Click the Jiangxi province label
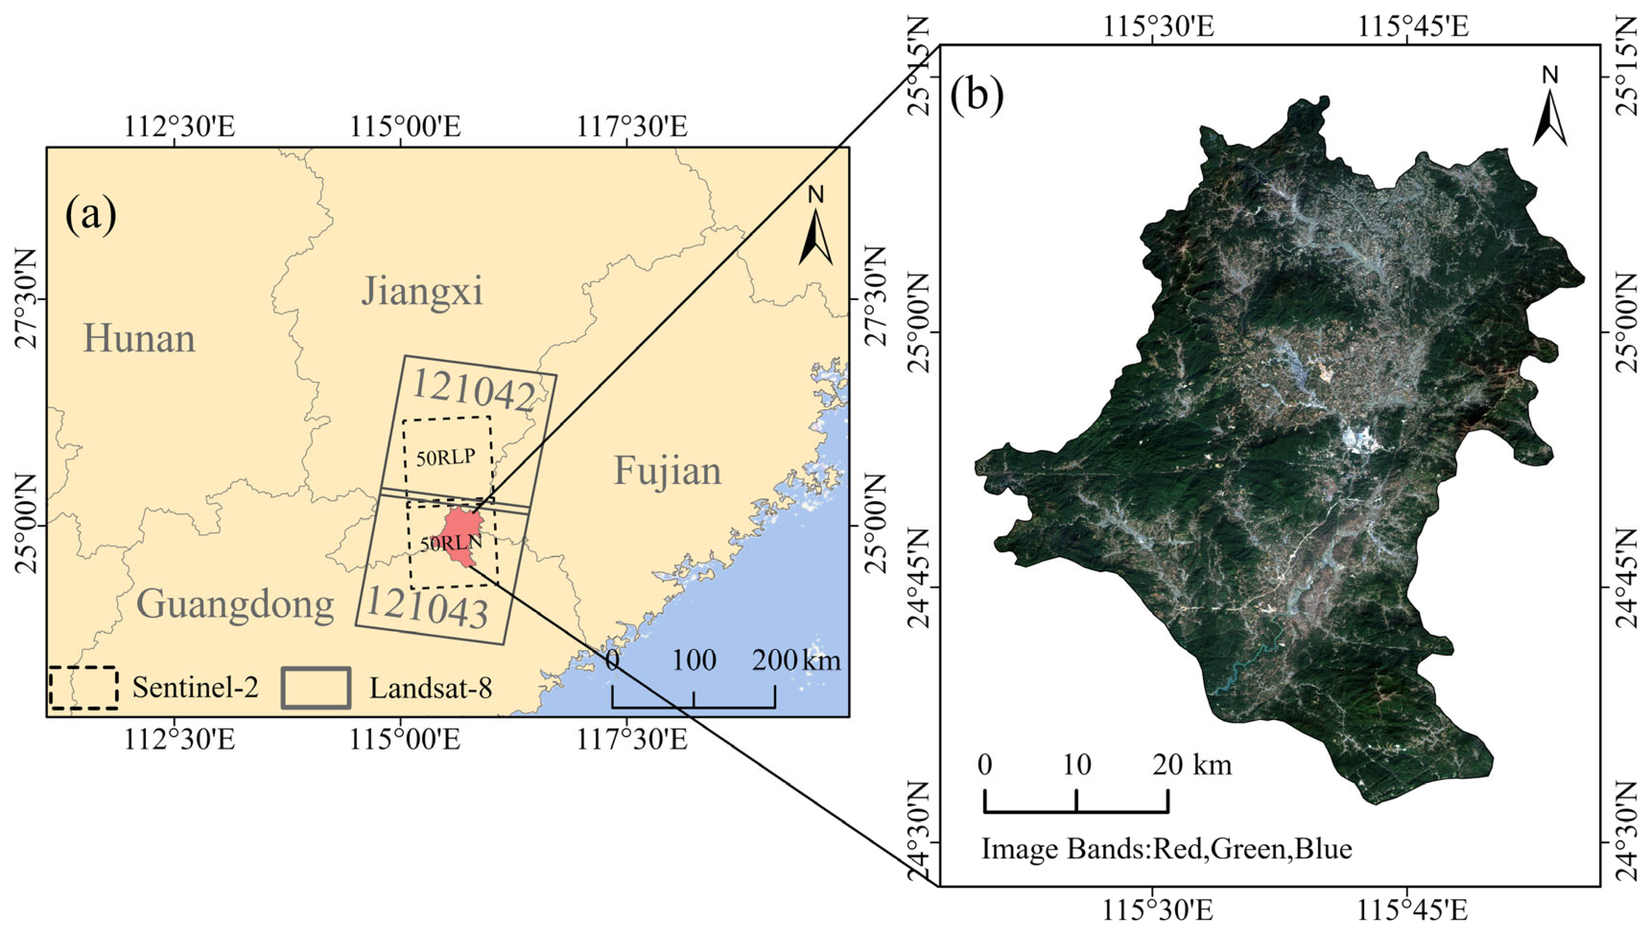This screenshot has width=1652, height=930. tap(422, 292)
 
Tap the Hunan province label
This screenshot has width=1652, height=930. tap(139, 339)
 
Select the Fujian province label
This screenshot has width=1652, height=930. tap(668, 471)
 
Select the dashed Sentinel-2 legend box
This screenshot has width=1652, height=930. tap(83, 688)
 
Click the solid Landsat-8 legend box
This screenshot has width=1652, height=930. tap(316, 688)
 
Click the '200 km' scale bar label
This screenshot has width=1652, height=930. tap(796, 660)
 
